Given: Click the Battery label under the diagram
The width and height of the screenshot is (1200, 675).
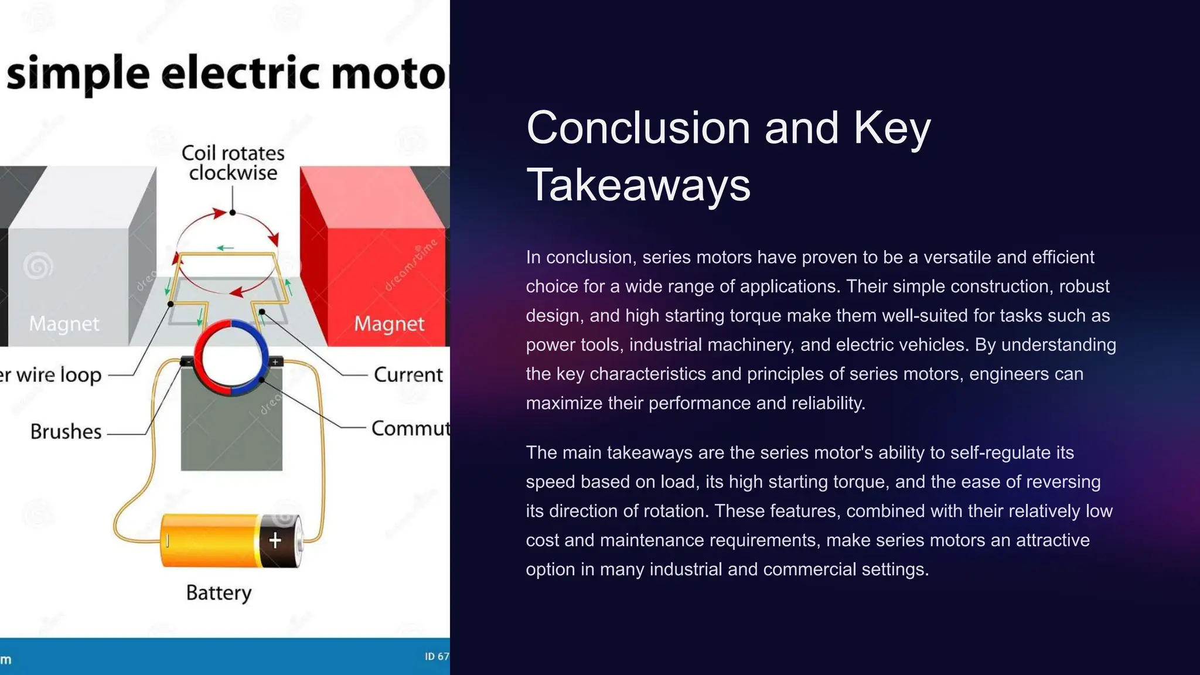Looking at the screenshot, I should pyautogui.click(x=219, y=592).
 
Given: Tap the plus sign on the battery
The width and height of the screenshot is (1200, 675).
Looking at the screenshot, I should pyautogui.click(x=275, y=540).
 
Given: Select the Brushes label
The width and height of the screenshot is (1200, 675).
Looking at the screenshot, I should pyautogui.click(x=66, y=432).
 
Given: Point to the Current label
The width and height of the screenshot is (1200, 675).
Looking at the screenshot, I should pyautogui.click(x=408, y=375).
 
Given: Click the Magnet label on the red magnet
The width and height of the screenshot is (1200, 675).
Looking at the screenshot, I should pyautogui.click(x=389, y=323).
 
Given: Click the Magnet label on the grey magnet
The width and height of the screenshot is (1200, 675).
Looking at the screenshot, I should pyautogui.click(x=64, y=323).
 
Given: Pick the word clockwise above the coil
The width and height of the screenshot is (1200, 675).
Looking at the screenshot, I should pyautogui.click(x=233, y=173).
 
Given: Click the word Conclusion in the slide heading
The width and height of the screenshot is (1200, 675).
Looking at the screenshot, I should pyautogui.click(x=638, y=128).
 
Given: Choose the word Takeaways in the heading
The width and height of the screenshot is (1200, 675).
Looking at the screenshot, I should pyautogui.click(x=638, y=185).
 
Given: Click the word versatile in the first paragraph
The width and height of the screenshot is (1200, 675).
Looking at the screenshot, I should pyautogui.click(x=952, y=257).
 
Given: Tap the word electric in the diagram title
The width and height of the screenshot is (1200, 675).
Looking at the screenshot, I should pyautogui.click(x=240, y=74).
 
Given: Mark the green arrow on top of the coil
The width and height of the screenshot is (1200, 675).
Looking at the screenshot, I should pyautogui.click(x=226, y=248).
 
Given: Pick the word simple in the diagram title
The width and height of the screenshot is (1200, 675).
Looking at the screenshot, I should pyautogui.click(x=78, y=74).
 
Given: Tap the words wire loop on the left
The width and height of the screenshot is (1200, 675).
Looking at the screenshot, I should pyautogui.click(x=59, y=375).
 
